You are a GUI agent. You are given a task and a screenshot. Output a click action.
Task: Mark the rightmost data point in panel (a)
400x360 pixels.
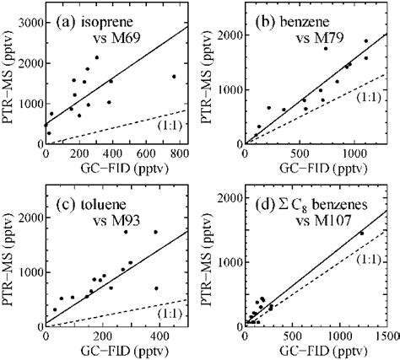coord(174,77)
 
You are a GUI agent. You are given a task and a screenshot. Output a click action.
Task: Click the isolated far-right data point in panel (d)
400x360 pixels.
coord(362,234)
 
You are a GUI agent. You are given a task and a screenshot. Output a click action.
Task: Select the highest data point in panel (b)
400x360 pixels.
coord(366,40)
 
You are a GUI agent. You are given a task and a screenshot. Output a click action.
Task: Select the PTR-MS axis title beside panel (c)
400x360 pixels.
coord(9,262)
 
